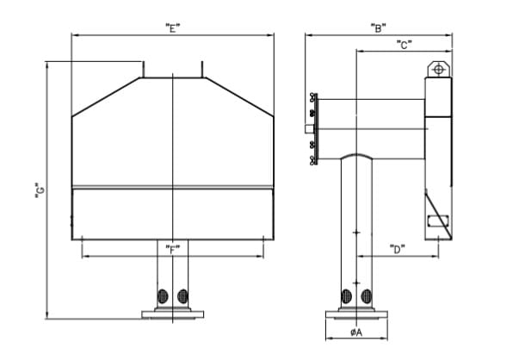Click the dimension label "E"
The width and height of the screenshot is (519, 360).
pyautogui.click(x=172, y=28)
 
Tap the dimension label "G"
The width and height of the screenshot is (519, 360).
pyautogui.click(x=40, y=190)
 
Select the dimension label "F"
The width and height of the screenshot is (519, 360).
pyautogui.click(x=172, y=250)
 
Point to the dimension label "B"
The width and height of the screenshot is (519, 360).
pyautogui.click(x=379, y=28)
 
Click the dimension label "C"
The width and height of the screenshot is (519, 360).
pyautogui.click(x=405, y=45)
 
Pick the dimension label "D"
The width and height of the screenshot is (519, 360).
pyautogui.click(x=397, y=249)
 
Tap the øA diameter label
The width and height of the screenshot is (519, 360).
pyautogui.click(x=356, y=332)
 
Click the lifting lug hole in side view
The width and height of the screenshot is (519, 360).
pyautogui.click(x=439, y=70)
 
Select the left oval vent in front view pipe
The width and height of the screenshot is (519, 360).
pyautogui.click(x=163, y=296)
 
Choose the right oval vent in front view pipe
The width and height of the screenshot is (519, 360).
pyautogui.click(x=182, y=296)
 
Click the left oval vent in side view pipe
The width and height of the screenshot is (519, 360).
pyautogui.click(x=346, y=296)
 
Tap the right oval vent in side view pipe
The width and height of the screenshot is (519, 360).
pyautogui.click(x=367, y=296)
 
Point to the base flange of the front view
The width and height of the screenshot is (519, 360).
pyautogui.click(x=172, y=314)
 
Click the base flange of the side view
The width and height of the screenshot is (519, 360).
pyautogui.click(x=356, y=314)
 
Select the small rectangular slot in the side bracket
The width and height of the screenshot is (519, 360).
pyautogui.click(x=438, y=220)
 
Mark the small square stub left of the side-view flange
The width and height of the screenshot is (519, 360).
pyautogui.click(x=309, y=128)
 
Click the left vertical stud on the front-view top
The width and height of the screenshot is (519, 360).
pyautogui.click(x=143, y=69)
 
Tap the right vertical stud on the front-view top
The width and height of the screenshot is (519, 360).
pyautogui.click(x=202, y=69)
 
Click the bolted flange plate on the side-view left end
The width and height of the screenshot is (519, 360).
pyautogui.click(x=316, y=129)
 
